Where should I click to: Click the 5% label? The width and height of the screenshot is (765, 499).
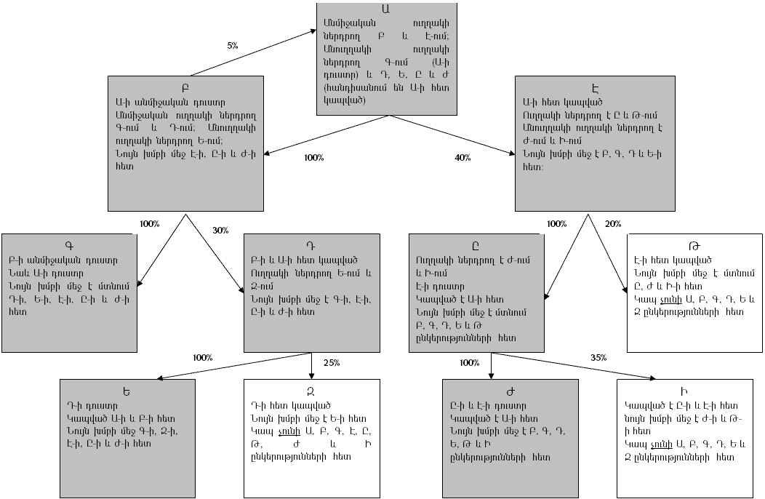point(233,46)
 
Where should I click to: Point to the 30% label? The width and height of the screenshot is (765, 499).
point(220,230)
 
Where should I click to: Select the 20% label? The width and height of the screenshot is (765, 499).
point(613,223)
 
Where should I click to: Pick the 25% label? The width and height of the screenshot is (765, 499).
point(332,362)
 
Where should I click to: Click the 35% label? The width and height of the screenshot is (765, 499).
point(598,357)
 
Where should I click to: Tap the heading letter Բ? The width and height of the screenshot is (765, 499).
point(185,83)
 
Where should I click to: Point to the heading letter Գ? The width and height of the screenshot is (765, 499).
point(70,244)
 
